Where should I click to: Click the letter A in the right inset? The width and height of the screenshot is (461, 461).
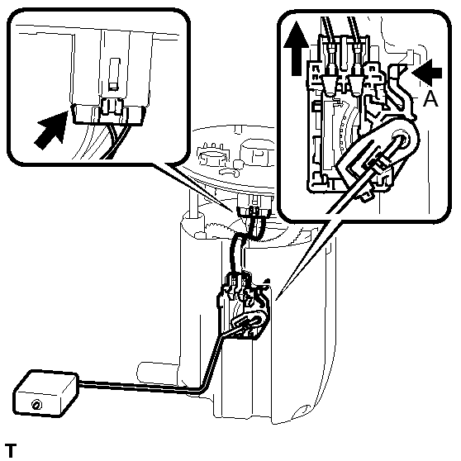pyautogui.click(x=430, y=98)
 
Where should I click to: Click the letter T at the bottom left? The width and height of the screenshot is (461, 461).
pyautogui.click(x=11, y=450)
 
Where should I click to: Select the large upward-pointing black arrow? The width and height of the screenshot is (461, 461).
pyautogui.click(x=297, y=48)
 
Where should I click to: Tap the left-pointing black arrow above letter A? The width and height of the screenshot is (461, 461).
pyautogui.click(x=427, y=73)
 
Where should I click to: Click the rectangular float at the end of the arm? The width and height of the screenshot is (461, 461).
pyautogui.click(x=46, y=394)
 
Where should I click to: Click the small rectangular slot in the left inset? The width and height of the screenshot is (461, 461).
pyautogui.click(x=114, y=74)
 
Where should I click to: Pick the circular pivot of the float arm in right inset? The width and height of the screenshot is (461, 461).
pyautogui.click(x=401, y=140)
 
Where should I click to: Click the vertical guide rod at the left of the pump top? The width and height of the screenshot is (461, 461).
pyautogui.click(x=193, y=203)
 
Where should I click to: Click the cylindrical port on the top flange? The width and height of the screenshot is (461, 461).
pyautogui.click(x=254, y=153)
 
